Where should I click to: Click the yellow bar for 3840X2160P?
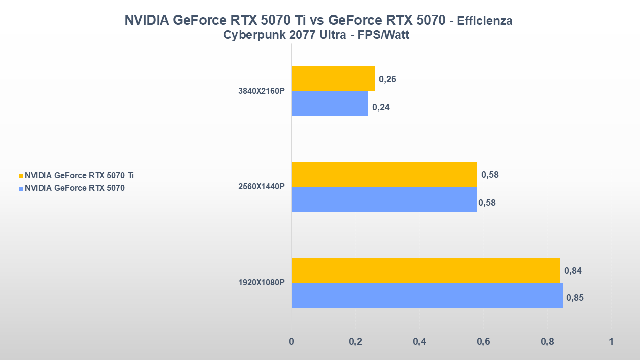(x=333, y=79)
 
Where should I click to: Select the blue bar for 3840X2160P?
(x=330, y=104)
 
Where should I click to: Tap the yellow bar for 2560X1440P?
(x=384, y=174)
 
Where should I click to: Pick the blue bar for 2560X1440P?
(x=384, y=199)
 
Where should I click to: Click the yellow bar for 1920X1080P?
(x=426, y=270)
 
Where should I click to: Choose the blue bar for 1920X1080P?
(x=427, y=295)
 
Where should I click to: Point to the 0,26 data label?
(x=387, y=79)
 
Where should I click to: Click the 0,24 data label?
(x=381, y=107)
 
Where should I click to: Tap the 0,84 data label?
(x=573, y=271)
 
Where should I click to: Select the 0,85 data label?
(x=575, y=298)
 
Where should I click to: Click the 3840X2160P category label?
(x=261, y=91)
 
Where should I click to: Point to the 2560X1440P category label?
(x=261, y=187)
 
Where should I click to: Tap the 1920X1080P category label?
(x=261, y=283)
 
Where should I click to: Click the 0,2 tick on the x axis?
(x=355, y=342)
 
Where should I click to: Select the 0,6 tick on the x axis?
(x=483, y=342)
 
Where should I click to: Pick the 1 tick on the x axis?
(x=611, y=342)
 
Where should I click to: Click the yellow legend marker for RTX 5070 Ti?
(x=21, y=176)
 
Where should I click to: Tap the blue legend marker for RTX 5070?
(x=21, y=189)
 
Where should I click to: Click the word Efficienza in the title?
(x=484, y=21)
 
